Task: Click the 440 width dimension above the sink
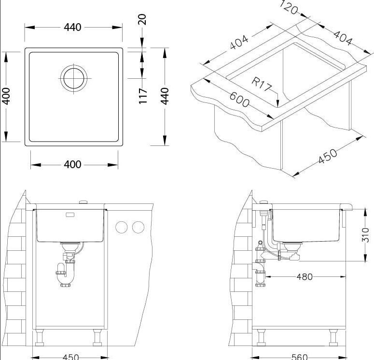tap(72, 27)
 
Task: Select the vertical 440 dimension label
tap(165, 96)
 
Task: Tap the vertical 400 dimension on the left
tap(6, 96)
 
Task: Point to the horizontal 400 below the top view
tap(72, 164)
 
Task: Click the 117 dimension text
tap(143, 96)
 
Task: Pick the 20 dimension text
tap(142, 19)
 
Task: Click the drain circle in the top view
tap(74, 78)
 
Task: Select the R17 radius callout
tap(262, 84)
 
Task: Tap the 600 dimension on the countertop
tap(239, 100)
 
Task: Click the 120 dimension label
tap(289, 7)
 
